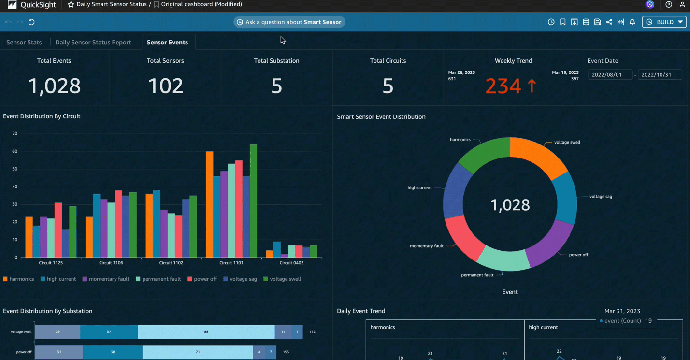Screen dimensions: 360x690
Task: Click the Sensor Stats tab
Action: point(24,43)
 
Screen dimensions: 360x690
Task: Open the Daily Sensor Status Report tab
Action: point(93,43)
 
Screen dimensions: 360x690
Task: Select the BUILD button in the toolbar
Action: point(664,22)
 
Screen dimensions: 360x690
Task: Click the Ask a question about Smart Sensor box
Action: point(289,22)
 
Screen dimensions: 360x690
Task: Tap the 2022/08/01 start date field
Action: point(610,75)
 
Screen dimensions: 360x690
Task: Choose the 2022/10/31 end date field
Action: point(660,75)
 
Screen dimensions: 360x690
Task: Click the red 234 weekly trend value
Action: point(503,86)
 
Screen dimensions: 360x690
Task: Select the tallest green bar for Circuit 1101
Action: point(253,201)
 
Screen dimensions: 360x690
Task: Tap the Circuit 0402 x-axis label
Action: point(291,263)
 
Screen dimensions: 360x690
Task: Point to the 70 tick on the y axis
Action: point(15,134)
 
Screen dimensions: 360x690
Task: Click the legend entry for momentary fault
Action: point(106,279)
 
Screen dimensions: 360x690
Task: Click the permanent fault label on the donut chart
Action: point(477,275)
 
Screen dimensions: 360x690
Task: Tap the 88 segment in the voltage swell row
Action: point(206,332)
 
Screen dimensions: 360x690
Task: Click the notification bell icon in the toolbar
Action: point(632,22)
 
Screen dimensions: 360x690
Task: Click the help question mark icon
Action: point(669,5)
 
